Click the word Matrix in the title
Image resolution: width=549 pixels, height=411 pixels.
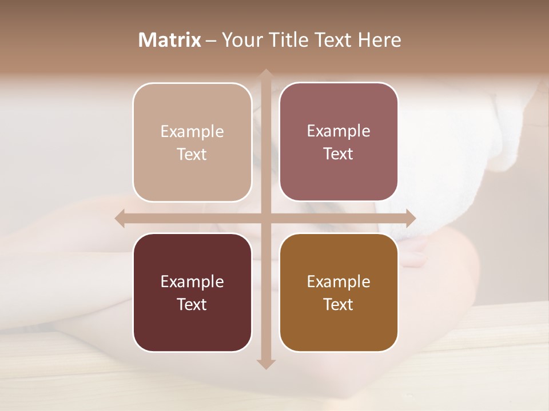170,40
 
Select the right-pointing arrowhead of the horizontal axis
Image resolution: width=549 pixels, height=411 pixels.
411,218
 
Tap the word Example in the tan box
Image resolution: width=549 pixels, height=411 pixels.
192,132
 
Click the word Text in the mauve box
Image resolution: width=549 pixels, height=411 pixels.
339,154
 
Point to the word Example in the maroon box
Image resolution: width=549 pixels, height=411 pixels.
192,281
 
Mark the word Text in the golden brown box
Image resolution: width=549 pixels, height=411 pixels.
339,304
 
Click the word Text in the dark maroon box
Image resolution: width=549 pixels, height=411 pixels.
192,304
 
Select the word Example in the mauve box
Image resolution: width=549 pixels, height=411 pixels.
339,131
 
